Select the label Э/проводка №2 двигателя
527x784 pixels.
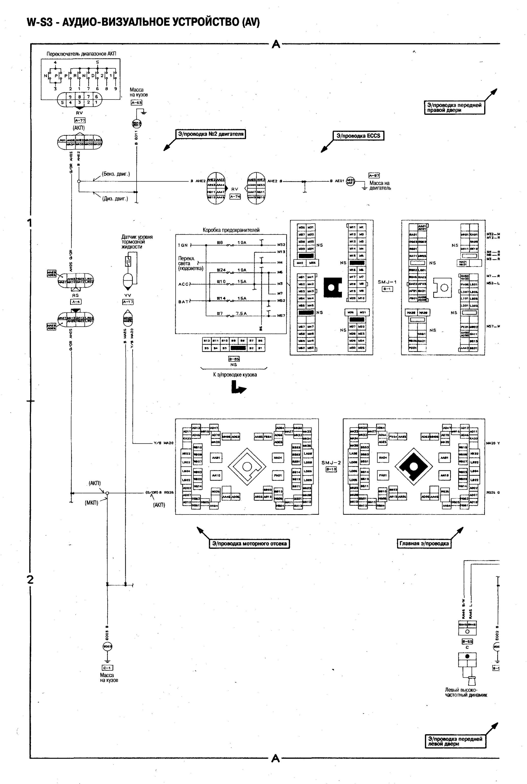pos(211,134)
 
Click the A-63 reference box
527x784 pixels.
pos(136,102)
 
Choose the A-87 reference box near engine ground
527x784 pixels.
pos(374,176)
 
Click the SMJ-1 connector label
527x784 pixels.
pos(387,282)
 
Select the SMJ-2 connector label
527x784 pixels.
pos(331,463)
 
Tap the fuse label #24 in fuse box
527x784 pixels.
pos(221,270)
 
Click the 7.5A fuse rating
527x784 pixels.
pos(241,313)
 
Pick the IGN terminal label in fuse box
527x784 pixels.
pos(183,245)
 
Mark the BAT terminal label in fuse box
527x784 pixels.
pos(184,302)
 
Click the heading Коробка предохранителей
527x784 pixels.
pos(231,230)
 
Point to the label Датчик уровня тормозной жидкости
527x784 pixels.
pos(137,242)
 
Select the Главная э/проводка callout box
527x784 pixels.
pos(424,544)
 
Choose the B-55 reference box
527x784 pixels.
pos(467,641)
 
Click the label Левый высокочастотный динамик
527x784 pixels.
pos(466,692)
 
